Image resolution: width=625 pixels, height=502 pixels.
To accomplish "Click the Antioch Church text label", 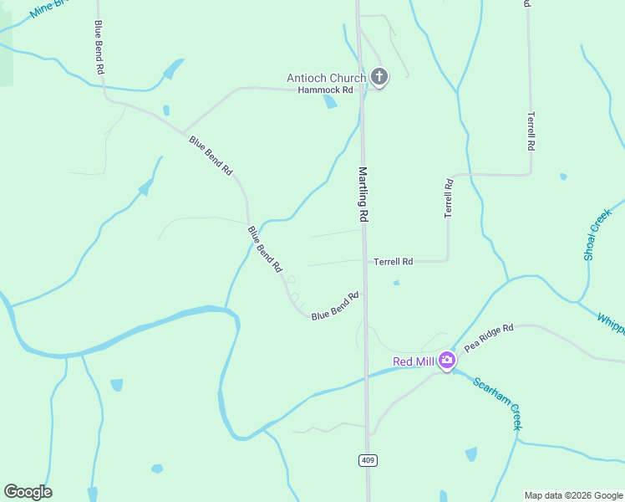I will tap(326, 78).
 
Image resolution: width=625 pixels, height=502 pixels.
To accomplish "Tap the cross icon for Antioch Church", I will tap(379, 78).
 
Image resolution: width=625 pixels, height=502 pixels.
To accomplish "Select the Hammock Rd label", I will tap(326, 90).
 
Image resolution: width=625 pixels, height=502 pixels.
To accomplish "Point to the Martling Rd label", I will tap(363, 193).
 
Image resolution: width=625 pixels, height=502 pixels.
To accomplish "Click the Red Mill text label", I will tap(415, 361).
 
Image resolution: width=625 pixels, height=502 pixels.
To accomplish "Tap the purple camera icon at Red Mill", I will tap(447, 361).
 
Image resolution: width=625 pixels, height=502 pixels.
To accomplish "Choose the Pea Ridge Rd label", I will tap(489, 337).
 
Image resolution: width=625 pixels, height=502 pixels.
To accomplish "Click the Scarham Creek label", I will tap(496, 404).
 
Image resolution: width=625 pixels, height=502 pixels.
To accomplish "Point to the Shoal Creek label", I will tap(598, 233).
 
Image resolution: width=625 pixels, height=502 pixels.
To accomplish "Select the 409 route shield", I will tap(367, 460).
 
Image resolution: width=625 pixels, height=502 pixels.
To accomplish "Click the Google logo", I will tap(28, 492).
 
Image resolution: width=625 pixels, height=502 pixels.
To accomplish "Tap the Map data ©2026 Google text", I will tap(573, 495).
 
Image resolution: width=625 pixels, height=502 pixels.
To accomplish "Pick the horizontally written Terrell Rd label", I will tap(394, 262).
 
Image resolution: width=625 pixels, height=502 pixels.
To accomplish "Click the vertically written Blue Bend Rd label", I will tap(99, 49).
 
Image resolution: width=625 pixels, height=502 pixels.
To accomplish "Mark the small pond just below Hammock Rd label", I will tap(330, 102).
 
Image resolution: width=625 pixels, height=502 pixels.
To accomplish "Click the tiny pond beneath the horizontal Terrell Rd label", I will tap(396, 283).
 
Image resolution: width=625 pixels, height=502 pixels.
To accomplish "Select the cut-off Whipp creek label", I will tap(611, 325).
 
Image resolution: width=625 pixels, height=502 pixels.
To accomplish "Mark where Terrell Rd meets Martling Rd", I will tap(365, 261).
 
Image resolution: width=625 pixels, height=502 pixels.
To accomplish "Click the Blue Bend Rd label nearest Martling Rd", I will tap(335, 305).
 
